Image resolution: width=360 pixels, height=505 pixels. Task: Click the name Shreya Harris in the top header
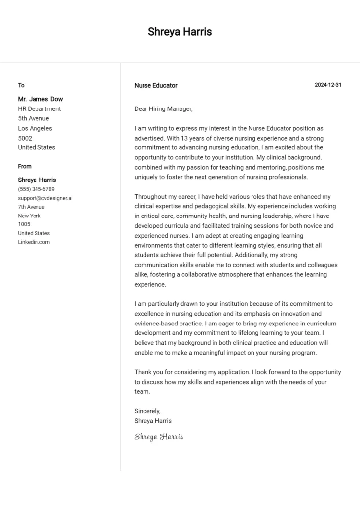pos(180,32)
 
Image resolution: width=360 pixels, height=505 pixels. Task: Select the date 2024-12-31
pos(328,85)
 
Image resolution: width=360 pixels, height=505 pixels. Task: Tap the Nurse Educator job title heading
pos(156,85)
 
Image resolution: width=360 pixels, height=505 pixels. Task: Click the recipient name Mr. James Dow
pos(40,99)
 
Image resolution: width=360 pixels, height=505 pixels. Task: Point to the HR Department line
pos(39,108)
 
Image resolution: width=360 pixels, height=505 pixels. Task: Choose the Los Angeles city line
pos(35,128)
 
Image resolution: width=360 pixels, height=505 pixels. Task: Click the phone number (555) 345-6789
pos(36,189)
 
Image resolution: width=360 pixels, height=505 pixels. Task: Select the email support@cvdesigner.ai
pos(45,198)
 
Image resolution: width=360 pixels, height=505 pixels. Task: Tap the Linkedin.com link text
pos(34,242)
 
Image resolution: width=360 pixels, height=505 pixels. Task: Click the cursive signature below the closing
pos(159,437)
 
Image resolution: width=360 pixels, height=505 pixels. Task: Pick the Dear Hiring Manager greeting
pos(163,109)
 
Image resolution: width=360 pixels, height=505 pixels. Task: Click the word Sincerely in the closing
pos(147,411)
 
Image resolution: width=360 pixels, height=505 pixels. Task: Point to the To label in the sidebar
pos(21,85)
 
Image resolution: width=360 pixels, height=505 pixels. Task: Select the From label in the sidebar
pos(25,166)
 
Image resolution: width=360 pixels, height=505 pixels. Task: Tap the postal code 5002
pos(25,138)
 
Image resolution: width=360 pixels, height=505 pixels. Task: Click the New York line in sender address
pos(30,216)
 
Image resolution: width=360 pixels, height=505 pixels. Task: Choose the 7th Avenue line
pos(31,207)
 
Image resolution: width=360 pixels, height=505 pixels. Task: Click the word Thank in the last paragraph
pos(143,372)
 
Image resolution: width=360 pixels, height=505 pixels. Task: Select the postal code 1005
pos(24,224)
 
